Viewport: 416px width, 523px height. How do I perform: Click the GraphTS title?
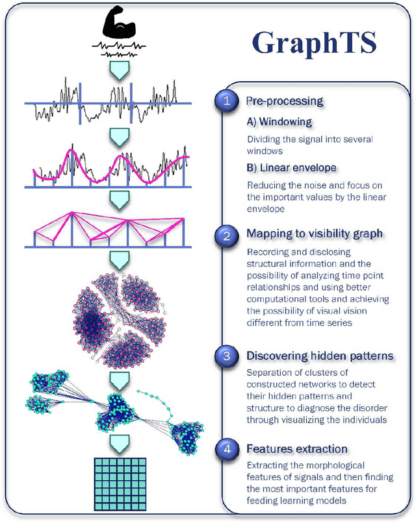[314, 43]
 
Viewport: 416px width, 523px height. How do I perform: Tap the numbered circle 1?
[226, 101]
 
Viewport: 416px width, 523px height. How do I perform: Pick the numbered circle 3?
[226, 356]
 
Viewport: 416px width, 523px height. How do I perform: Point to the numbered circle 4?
[226, 448]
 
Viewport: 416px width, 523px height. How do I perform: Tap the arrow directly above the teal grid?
[118, 444]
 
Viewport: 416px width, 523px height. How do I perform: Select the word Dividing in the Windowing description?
[261, 140]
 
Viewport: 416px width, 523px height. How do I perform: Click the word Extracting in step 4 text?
[266, 465]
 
